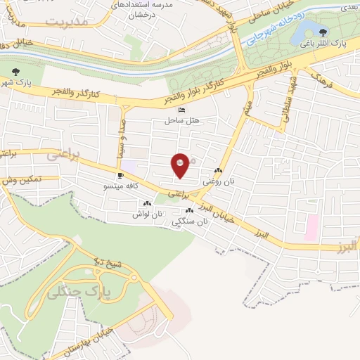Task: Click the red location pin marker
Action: (x=181, y=164)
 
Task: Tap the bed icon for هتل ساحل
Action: (x=183, y=110)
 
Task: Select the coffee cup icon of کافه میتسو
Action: (x=120, y=175)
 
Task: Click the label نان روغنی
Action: (x=217, y=181)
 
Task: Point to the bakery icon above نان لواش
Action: (x=148, y=204)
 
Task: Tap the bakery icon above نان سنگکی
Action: (x=189, y=210)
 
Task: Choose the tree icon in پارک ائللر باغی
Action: (x=323, y=32)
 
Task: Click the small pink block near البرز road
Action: (x=311, y=226)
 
